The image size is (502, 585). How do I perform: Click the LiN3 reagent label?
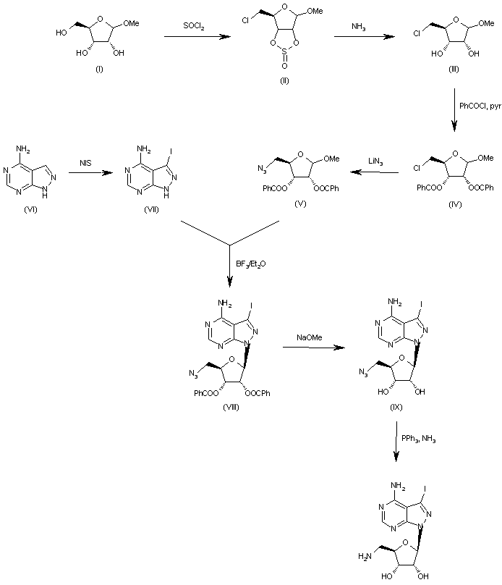(x=373, y=167)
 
